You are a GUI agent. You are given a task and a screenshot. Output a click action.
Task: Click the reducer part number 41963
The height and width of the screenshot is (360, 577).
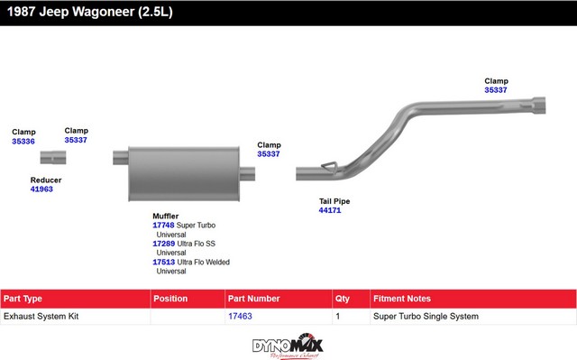pos(41,189)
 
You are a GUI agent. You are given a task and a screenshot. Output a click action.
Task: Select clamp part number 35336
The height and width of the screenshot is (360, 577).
pos(23,142)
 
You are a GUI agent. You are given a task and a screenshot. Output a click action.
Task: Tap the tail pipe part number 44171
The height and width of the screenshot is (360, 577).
pos(330,210)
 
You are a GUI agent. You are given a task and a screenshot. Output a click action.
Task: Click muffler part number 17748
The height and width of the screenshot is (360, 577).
pos(163,225)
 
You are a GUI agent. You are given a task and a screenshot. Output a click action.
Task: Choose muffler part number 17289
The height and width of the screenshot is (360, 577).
pos(164,244)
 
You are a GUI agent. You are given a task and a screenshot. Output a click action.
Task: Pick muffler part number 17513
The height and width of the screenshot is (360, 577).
pos(164,262)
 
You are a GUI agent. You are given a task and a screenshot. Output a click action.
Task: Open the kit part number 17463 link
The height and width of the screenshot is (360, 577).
pos(240,316)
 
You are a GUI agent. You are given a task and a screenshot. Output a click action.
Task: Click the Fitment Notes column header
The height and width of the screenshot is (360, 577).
pos(402,299)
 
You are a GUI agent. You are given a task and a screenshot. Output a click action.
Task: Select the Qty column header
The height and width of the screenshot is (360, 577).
pos(343,299)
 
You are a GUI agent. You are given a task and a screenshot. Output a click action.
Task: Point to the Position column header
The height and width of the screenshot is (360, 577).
pos(170,299)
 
